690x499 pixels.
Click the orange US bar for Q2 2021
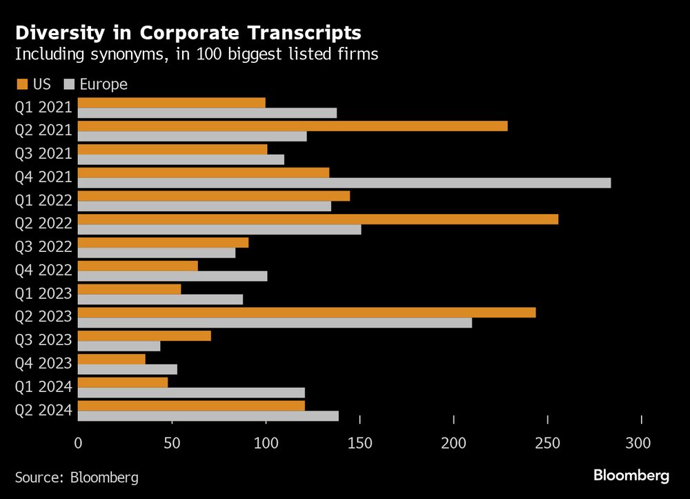tap(293, 126)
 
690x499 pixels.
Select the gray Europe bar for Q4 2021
tap(344, 183)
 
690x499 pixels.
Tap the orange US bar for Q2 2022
tap(318, 219)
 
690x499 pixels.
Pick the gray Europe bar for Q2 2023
tap(275, 322)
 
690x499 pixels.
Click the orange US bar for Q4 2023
tap(112, 360)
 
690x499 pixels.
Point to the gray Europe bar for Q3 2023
tap(119, 346)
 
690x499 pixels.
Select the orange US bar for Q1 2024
tap(123, 382)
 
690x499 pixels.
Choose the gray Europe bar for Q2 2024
tap(208, 416)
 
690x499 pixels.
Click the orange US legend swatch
tap(21, 84)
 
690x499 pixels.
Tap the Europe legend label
tap(103, 84)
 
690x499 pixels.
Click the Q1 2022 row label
tap(44, 200)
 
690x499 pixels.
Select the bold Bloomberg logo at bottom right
tap(631, 476)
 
